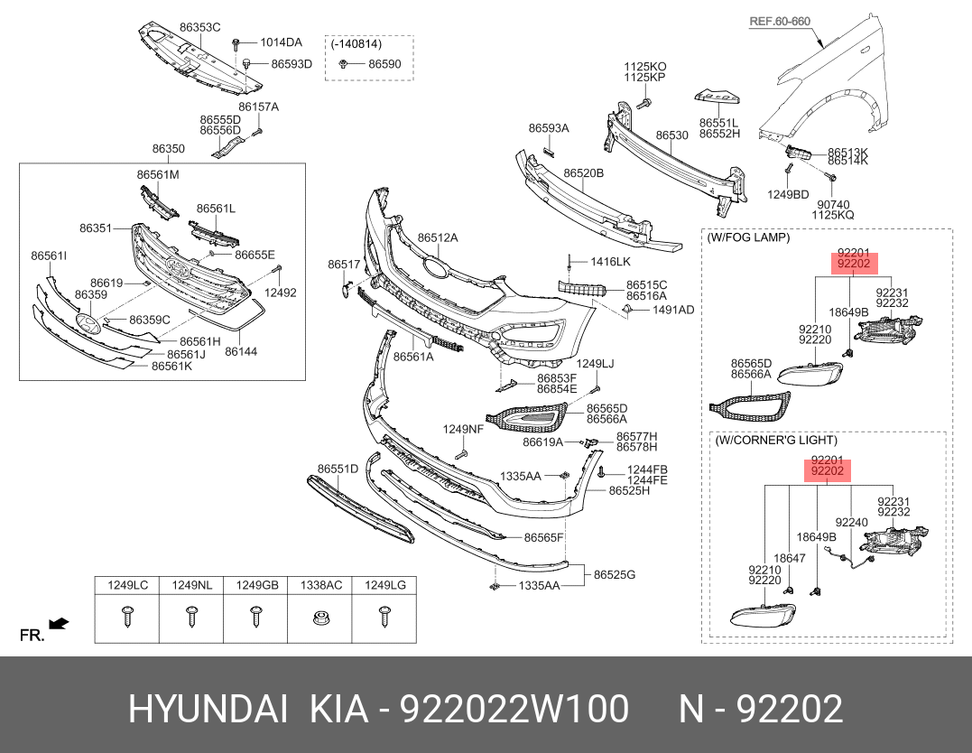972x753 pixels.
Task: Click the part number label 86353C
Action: coord(199,28)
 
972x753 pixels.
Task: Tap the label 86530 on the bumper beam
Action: coord(671,135)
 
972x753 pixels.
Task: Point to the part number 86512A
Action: coord(438,237)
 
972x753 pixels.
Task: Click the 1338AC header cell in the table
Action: coord(320,586)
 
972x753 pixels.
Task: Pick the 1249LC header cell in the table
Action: coord(127,586)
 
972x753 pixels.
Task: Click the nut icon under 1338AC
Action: coord(319,618)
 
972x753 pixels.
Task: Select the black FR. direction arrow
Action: coord(59,624)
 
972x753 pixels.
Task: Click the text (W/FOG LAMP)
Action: coord(748,237)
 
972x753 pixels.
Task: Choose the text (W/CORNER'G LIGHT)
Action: coord(775,441)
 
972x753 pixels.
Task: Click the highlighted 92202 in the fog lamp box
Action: coord(853,264)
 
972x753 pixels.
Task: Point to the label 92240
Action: coord(851,522)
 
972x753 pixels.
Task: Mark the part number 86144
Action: coord(241,351)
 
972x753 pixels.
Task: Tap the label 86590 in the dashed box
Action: coord(384,64)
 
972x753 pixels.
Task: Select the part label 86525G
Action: coord(614,574)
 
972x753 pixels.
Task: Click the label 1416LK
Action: coord(611,261)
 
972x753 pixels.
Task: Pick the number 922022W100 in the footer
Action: coord(514,710)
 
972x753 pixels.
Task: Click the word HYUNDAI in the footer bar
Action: coord(208,710)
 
